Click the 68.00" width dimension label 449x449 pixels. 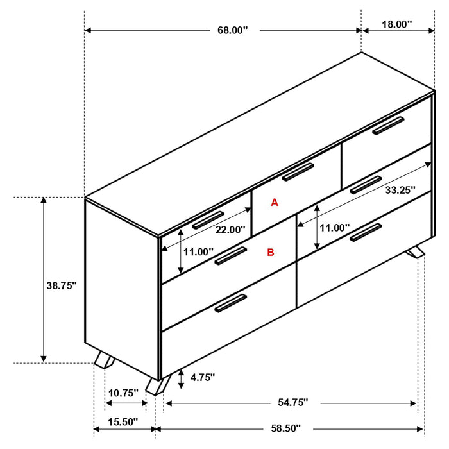point(232,30)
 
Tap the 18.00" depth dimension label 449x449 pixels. point(396,24)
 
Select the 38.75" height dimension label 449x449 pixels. point(62,285)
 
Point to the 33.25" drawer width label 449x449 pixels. point(400,190)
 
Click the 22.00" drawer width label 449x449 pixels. point(230,230)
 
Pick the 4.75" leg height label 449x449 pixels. point(203,377)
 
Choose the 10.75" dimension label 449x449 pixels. point(123,393)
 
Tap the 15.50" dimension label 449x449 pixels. point(123,421)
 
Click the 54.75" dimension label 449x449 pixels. point(293,402)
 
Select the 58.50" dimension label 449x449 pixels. point(286,428)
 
